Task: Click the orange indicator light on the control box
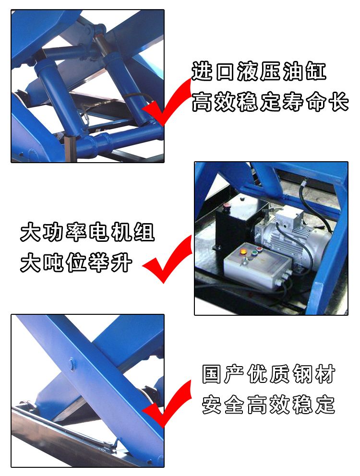pos(243,251)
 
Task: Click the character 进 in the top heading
pos(202,71)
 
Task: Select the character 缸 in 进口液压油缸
pos(316,71)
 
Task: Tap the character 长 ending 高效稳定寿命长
pos(339,101)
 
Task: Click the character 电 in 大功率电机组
pos(99,232)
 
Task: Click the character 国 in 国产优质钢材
pos(211,374)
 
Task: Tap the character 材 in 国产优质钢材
pos(325,374)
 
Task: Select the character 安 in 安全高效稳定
pos(212,405)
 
